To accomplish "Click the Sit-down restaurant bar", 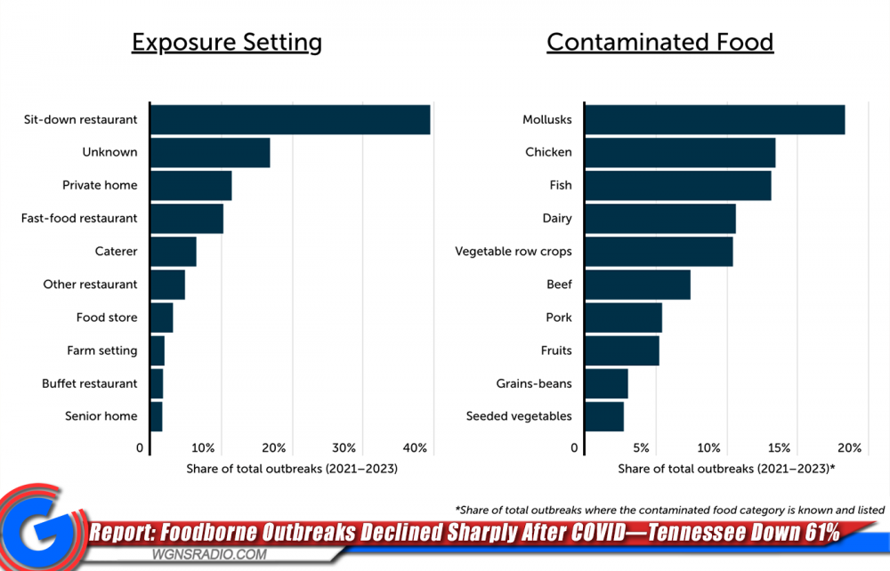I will point(290,120).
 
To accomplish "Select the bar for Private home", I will point(190,186).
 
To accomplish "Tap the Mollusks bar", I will point(715,120).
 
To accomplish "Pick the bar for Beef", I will point(637,285).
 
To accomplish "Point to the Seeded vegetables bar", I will point(604,416).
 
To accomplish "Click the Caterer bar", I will point(173,252).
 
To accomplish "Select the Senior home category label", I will point(101,416).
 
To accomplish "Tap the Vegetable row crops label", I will point(514,252).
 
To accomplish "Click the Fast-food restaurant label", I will point(79,219).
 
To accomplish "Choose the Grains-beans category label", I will point(534,383).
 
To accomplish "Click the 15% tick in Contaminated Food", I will point(779,447).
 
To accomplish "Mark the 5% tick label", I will point(641,447).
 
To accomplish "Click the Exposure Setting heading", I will point(227,42).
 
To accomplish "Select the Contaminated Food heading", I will point(659,42).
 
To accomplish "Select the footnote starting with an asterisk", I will point(669,510).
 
